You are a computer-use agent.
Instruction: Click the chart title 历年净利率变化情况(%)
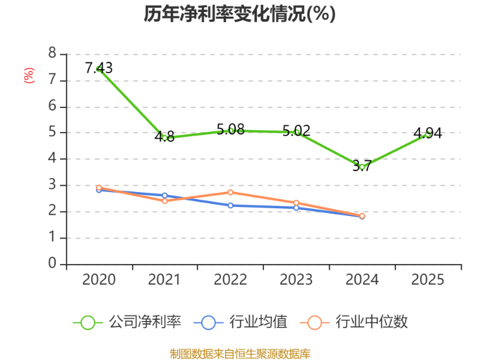click(x=239, y=14)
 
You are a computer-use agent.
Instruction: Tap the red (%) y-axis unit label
click(x=29, y=76)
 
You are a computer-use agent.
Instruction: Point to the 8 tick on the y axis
click(x=52, y=53)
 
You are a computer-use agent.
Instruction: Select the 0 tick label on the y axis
click(x=52, y=263)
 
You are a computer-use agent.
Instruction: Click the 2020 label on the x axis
click(x=99, y=280)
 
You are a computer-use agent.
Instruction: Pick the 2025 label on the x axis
click(x=428, y=280)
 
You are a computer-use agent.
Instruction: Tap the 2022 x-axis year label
click(x=230, y=280)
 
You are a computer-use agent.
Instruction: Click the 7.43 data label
click(x=98, y=68)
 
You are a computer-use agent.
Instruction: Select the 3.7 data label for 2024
click(x=362, y=166)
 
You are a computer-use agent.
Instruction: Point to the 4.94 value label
click(x=428, y=133)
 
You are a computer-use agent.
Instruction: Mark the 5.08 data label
click(x=230, y=129)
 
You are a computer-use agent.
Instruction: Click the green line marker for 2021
click(x=164, y=138)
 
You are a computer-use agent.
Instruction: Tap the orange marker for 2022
click(x=230, y=192)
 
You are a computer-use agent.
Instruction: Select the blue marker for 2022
click(x=230, y=205)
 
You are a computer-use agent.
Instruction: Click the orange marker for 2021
click(x=164, y=201)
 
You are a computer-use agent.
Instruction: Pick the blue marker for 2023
click(x=296, y=208)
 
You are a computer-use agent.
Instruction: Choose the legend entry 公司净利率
click(x=127, y=322)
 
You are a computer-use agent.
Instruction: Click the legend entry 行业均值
click(x=241, y=322)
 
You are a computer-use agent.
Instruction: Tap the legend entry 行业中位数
click(x=354, y=322)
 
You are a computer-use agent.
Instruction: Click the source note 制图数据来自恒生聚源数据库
click(x=240, y=354)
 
